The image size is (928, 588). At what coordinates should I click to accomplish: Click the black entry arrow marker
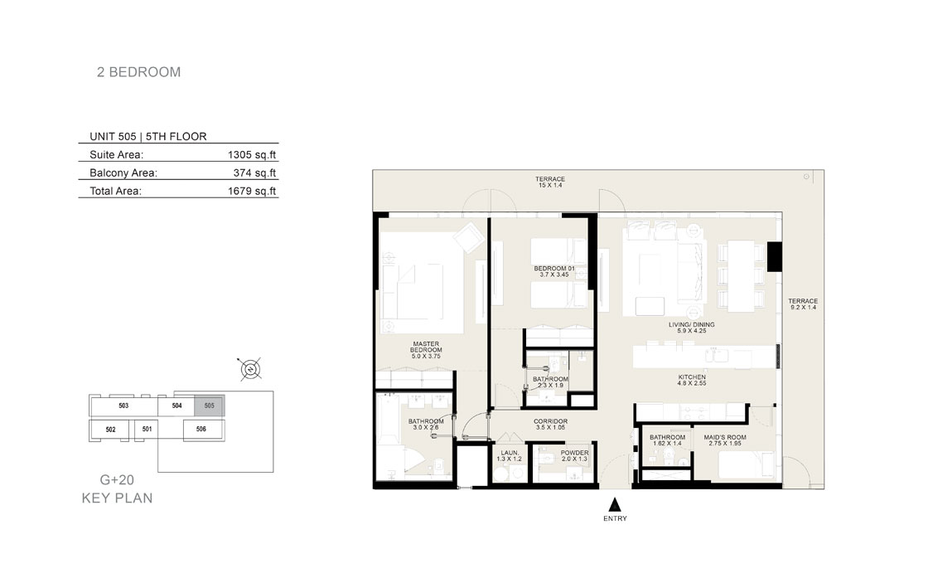(x=615, y=504)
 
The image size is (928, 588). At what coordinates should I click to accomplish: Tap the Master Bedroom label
(x=426, y=350)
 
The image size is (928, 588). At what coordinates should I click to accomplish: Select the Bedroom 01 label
(x=554, y=271)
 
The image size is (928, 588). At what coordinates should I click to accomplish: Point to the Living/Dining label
(x=692, y=328)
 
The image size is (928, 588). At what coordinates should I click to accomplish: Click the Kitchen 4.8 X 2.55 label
(x=692, y=380)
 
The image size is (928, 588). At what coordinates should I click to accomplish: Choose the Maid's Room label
(x=725, y=440)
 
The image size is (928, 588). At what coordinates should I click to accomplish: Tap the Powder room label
(x=575, y=455)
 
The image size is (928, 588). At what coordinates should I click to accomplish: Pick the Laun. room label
(x=510, y=455)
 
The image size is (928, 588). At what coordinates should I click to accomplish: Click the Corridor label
(x=550, y=424)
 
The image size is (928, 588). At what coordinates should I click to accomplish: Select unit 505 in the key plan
(x=210, y=406)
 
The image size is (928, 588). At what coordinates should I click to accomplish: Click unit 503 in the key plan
(x=123, y=406)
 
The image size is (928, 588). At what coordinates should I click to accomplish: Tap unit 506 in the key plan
(x=201, y=429)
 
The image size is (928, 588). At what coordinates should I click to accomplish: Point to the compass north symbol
(x=250, y=370)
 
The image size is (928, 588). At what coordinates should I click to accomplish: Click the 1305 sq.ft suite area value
(x=252, y=155)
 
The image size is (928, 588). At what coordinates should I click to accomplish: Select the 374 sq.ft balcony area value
(x=254, y=173)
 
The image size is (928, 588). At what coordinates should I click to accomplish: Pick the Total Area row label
(x=115, y=192)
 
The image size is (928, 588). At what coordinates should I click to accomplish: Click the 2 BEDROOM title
(x=139, y=72)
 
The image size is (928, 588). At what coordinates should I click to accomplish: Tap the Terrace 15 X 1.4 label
(x=550, y=182)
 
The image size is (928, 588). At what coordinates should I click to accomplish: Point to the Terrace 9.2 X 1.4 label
(x=803, y=304)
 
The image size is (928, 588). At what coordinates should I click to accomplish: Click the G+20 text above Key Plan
(x=117, y=480)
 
